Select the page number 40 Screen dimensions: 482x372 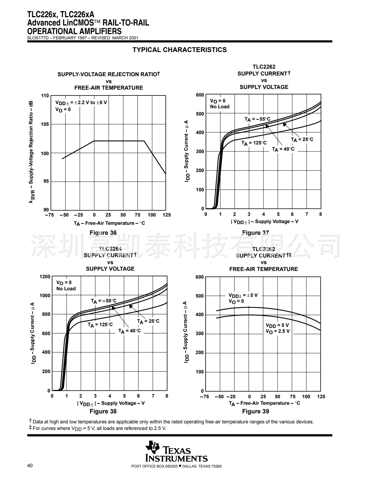tap(30, 466)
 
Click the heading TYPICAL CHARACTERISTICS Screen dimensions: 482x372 tap(179, 50)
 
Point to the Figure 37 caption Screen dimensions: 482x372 tap(255, 233)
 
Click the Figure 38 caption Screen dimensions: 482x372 tap(103, 411)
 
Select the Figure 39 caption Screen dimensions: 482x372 tap(255, 411)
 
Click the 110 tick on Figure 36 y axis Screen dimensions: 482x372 tap(45, 96)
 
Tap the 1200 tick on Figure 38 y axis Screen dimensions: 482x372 tap(45, 277)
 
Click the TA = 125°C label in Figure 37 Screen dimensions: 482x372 tap(254, 143)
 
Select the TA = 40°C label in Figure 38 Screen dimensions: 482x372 tap(130, 331)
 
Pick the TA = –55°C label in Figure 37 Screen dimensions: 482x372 tap(257, 119)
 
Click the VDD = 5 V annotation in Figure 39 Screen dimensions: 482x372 tap(277, 325)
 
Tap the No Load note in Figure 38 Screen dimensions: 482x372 tap(66, 289)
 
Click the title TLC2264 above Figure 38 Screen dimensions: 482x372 tap(110, 249)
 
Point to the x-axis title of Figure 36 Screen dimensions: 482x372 tap(109, 223)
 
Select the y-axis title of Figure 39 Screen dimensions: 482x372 tap(186, 332)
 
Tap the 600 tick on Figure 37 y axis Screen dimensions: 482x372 tap(200, 95)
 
